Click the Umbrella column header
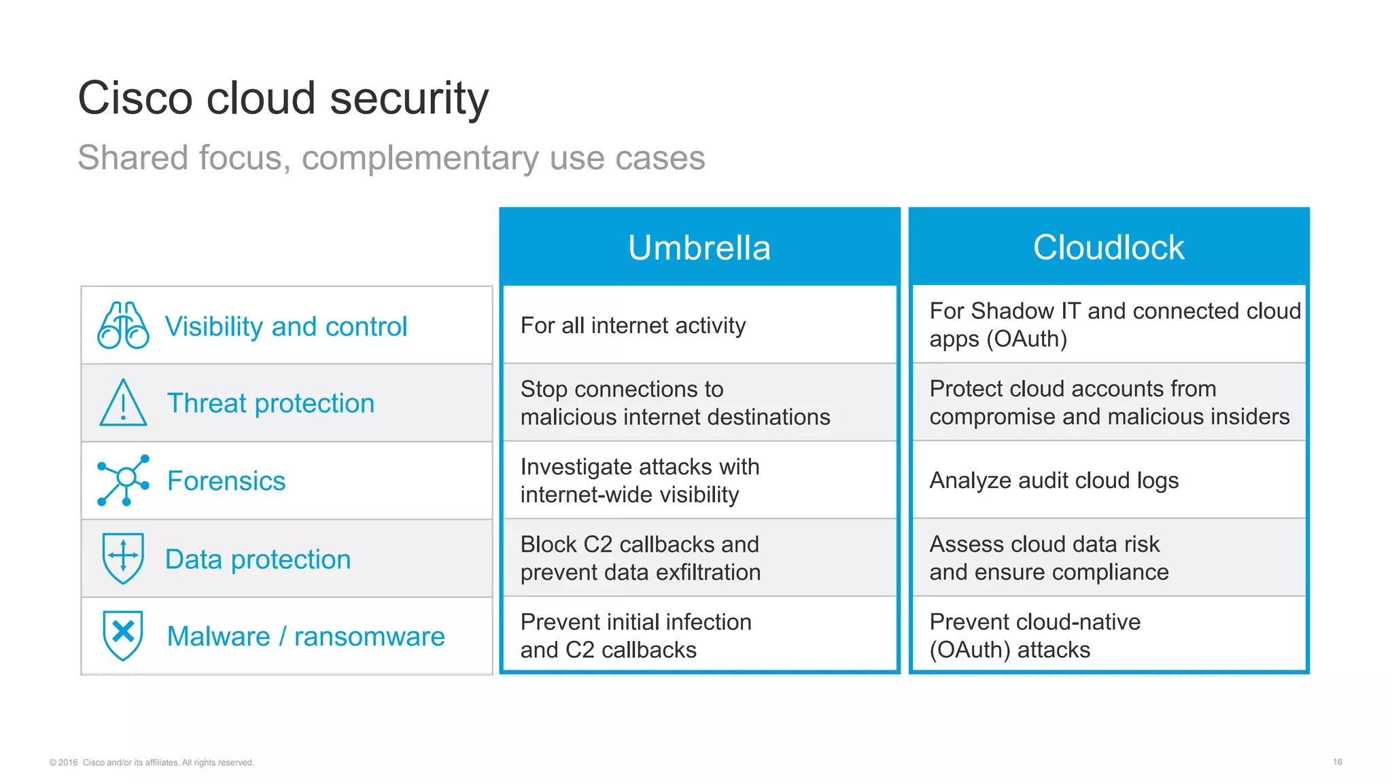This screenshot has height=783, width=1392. (699, 247)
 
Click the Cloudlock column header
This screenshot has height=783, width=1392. (1109, 247)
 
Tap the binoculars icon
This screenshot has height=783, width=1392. (123, 326)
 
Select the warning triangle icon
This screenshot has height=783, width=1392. (123, 403)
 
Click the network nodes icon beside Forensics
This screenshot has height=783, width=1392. (123, 481)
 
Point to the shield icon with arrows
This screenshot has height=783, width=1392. (123, 558)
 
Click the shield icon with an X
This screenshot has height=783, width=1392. (123, 636)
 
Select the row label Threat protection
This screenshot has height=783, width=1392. (271, 403)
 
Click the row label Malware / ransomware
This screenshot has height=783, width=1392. (306, 636)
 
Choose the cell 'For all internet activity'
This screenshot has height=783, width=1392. (633, 326)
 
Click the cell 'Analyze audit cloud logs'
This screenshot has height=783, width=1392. (1054, 481)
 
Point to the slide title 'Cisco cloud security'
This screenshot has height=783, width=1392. (283, 98)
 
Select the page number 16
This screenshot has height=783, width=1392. (1337, 762)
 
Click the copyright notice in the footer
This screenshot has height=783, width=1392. (152, 763)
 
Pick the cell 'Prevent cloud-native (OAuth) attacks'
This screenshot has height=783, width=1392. (1034, 636)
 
